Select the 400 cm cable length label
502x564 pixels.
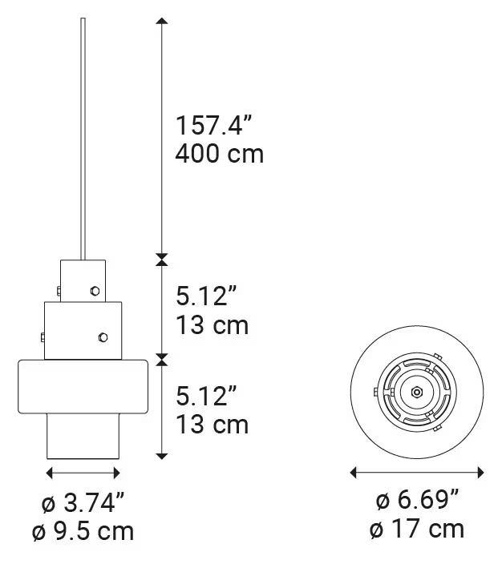click(x=219, y=153)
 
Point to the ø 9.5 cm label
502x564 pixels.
click(x=83, y=530)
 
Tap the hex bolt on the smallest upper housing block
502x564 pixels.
click(x=95, y=291)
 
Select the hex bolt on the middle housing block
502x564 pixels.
click(x=102, y=337)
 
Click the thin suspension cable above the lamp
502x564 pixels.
click(x=83, y=136)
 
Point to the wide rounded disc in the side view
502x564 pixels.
click(x=83, y=387)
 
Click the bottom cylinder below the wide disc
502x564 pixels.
click(x=83, y=437)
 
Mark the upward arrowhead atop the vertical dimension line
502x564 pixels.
click(x=162, y=22)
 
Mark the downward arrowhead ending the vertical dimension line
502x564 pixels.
click(x=162, y=455)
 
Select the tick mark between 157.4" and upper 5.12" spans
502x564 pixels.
click(x=162, y=259)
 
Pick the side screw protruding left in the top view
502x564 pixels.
click(x=376, y=393)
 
